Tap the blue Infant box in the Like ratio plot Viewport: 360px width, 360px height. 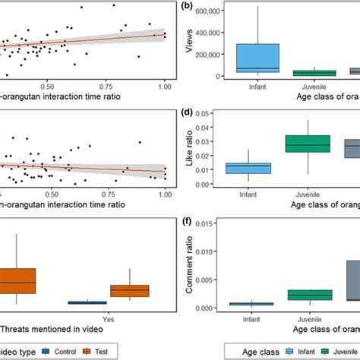coord(258,168)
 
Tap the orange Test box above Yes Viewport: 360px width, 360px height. coord(130,290)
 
